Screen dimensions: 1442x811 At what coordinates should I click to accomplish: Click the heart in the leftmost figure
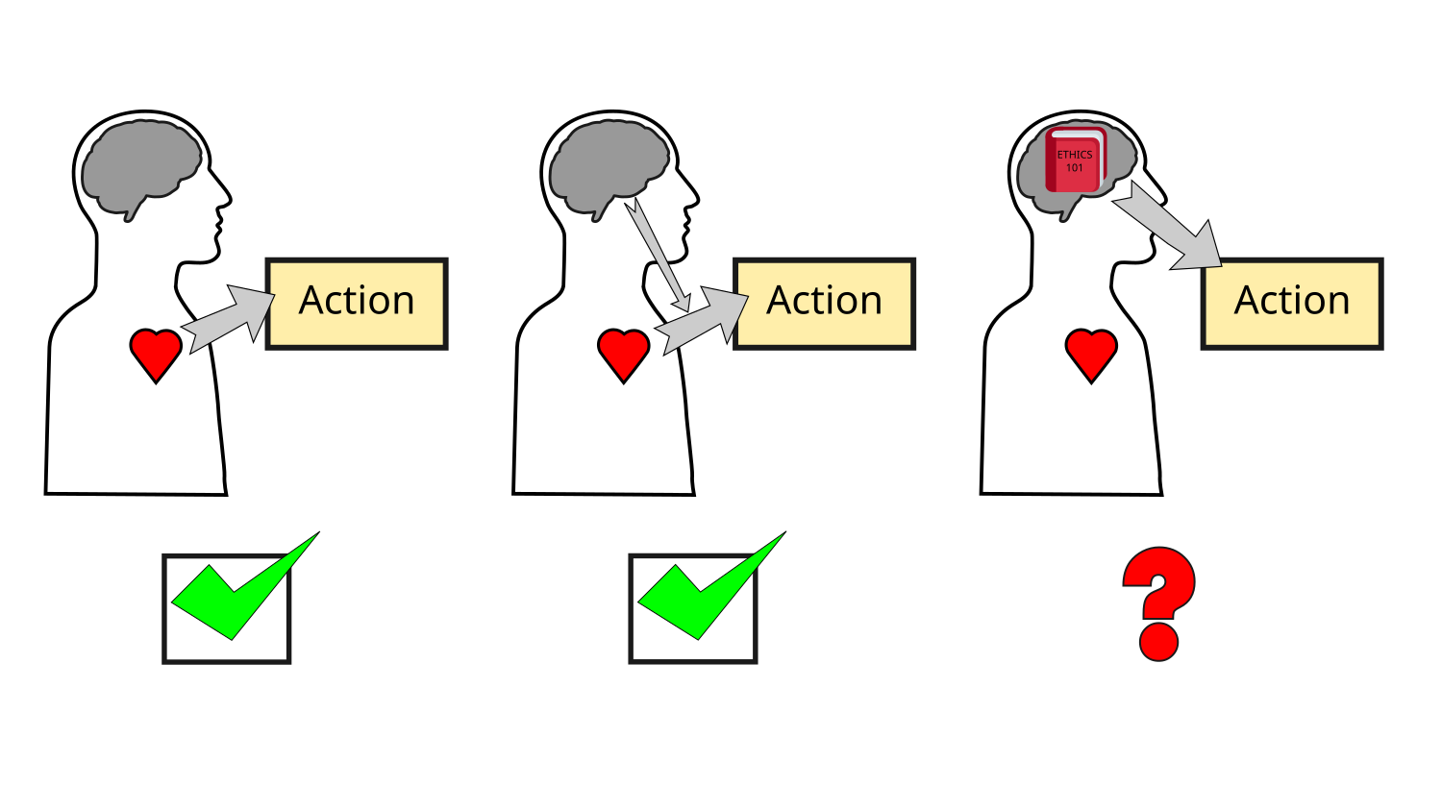(x=156, y=353)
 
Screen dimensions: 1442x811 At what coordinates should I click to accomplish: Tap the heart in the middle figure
(x=623, y=353)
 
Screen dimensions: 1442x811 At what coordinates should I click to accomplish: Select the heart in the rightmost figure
(x=1091, y=353)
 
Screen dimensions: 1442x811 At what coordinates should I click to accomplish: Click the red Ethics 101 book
(x=1075, y=160)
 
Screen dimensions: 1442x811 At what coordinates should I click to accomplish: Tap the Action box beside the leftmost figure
(x=357, y=303)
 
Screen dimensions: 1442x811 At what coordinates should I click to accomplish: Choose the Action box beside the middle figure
(x=824, y=303)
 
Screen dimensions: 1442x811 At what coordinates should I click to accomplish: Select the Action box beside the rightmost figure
(x=1292, y=303)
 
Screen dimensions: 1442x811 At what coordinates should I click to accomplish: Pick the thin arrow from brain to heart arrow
(x=659, y=255)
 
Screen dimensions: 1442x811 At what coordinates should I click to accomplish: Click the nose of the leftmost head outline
(x=227, y=200)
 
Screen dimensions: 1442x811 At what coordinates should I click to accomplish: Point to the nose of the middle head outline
(x=694, y=200)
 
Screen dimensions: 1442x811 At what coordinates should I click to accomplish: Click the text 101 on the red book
(x=1075, y=168)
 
